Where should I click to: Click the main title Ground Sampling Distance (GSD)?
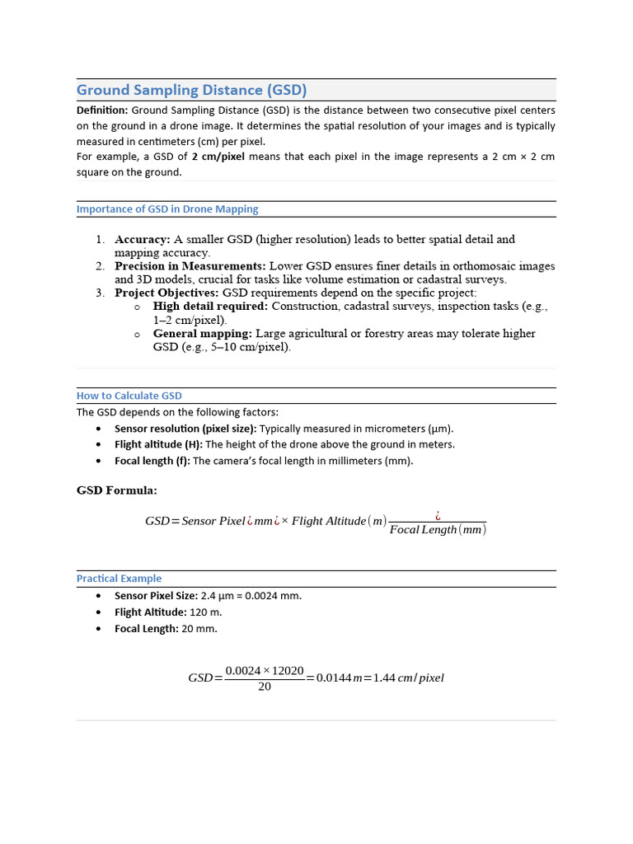coord(191,90)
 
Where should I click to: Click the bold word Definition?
coord(102,110)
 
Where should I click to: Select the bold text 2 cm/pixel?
coord(218,157)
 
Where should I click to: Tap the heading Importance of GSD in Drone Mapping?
coord(167,209)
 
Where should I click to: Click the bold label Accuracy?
coord(142,239)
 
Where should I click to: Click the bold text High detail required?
coord(210,306)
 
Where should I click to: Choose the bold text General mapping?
coord(202,333)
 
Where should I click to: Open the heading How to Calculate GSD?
coord(129,396)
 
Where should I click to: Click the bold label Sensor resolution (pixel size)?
coord(185,429)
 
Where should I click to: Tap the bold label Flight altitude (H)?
coord(158,444)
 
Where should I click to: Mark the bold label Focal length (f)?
coord(152,461)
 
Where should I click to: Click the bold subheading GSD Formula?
coord(117,490)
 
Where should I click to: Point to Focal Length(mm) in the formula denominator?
coord(438,530)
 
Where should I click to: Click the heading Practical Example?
coord(119,579)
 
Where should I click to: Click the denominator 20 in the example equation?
coord(265,687)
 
